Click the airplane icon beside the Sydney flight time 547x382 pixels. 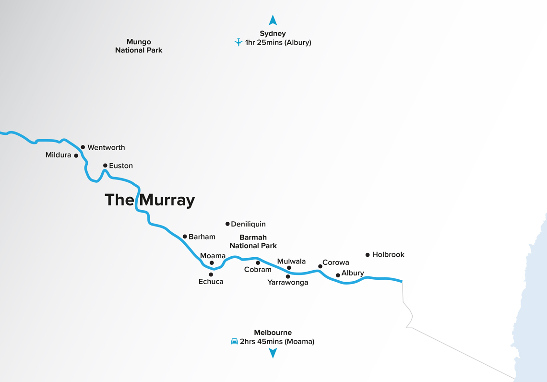238,42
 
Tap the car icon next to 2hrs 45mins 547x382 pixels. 234,342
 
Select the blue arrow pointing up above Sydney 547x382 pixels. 273,20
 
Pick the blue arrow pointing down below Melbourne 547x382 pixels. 273,354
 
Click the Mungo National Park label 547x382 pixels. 139,46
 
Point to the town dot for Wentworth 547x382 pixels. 83,147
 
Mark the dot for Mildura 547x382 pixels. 76,155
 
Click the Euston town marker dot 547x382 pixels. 105,166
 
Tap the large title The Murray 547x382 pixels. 150,200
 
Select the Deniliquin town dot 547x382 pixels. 227,224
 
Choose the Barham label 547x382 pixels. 202,237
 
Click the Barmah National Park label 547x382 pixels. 253,241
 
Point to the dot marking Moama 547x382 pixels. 212,263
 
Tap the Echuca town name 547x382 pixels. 211,282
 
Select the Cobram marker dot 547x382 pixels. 258,263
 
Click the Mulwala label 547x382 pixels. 291,262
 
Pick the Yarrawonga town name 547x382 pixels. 287,283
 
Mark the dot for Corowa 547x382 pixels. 320,266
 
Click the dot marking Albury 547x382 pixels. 338,275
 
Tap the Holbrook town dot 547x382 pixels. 368,255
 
